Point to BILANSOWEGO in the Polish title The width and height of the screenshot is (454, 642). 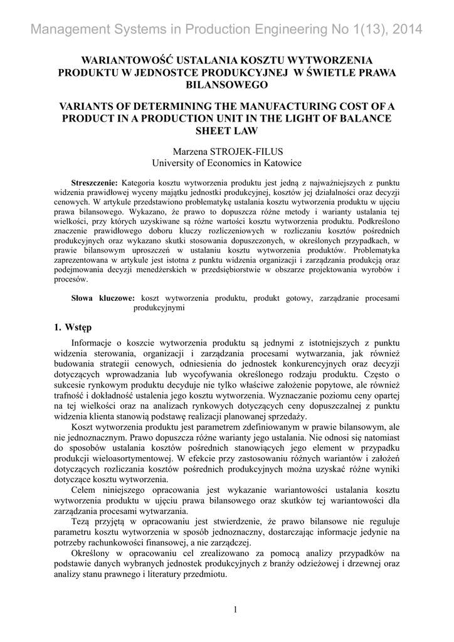227,84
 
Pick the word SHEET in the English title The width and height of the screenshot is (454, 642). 211,130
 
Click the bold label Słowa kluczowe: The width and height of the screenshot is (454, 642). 103,298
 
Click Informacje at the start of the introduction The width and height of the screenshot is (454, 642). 94,342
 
